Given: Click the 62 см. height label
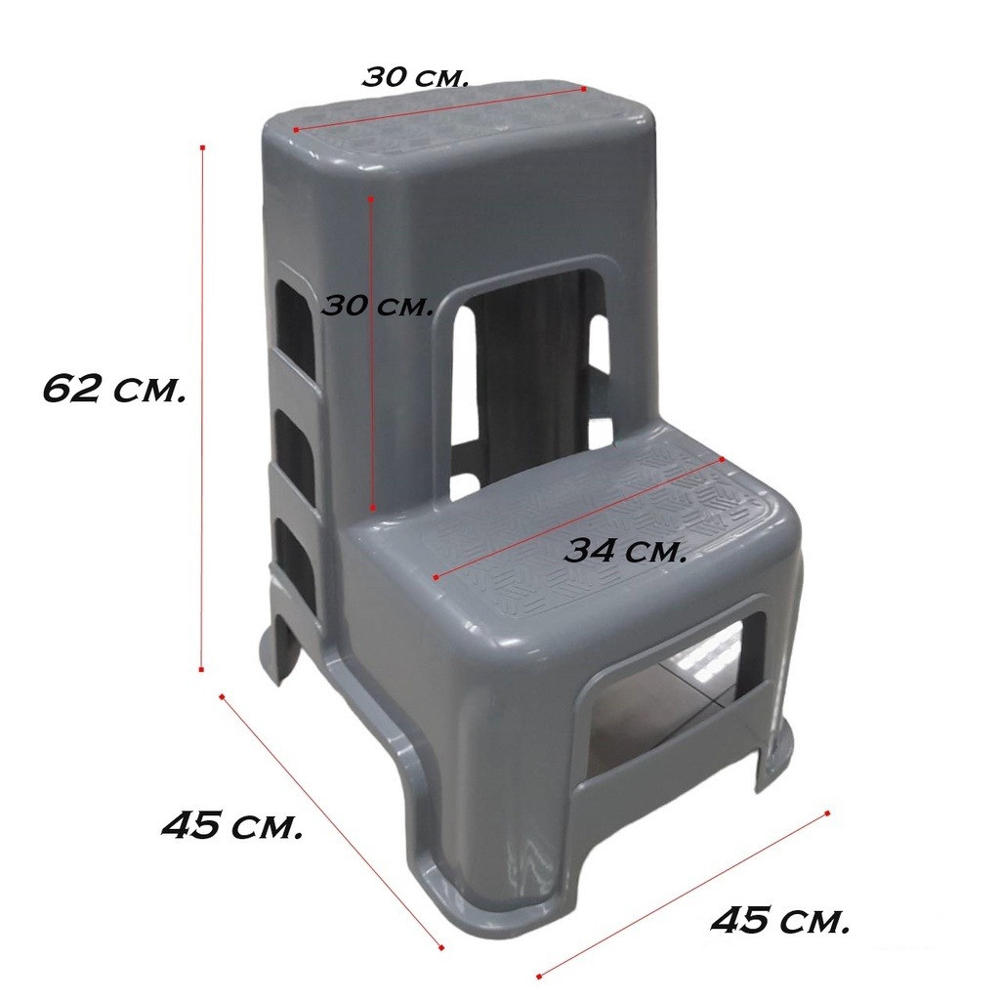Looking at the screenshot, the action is point(113,389).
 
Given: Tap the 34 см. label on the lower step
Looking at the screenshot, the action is point(625,550).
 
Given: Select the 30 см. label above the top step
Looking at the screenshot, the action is point(416,77).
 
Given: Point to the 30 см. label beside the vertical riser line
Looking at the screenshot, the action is point(378,307).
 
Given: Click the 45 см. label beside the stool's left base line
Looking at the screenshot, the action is point(231,826).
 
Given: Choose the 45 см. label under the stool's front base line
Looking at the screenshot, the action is point(780,922).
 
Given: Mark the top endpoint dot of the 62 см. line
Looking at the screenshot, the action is point(203,147).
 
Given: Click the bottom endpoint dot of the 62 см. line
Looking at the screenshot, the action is point(201,670).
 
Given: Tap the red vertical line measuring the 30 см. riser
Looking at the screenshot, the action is point(371,353).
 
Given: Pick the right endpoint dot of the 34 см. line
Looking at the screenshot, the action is point(722,459).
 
